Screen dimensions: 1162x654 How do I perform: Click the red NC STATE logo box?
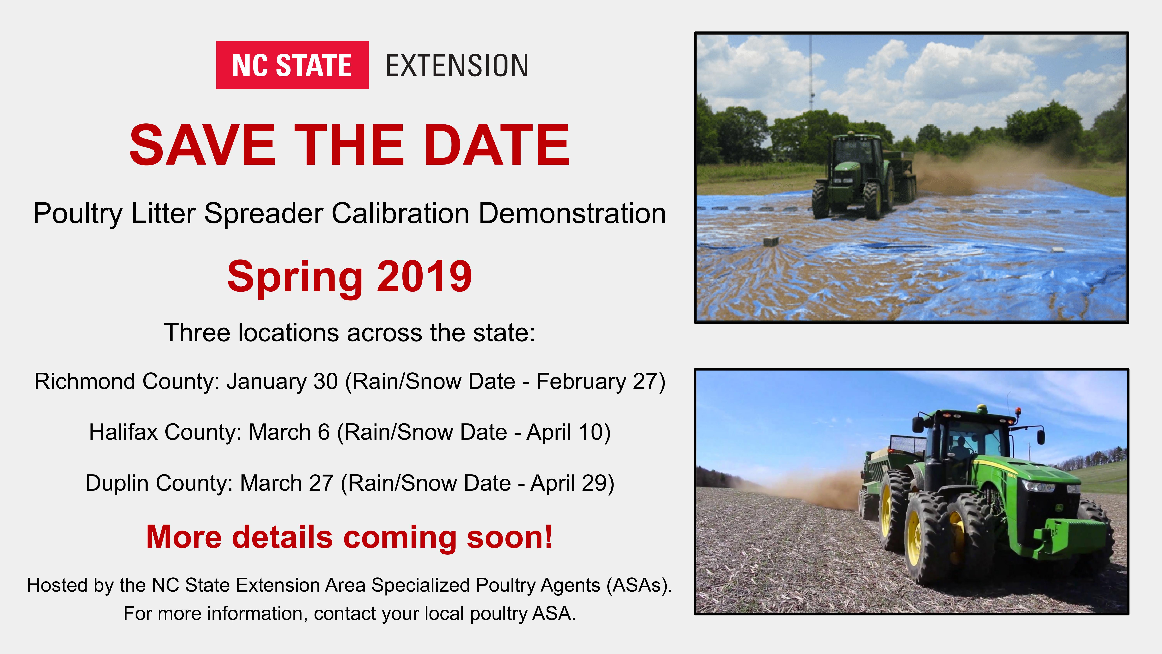tap(292, 65)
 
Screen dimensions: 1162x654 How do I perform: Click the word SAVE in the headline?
tap(202, 145)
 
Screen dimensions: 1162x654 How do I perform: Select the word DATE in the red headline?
tap(497, 145)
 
